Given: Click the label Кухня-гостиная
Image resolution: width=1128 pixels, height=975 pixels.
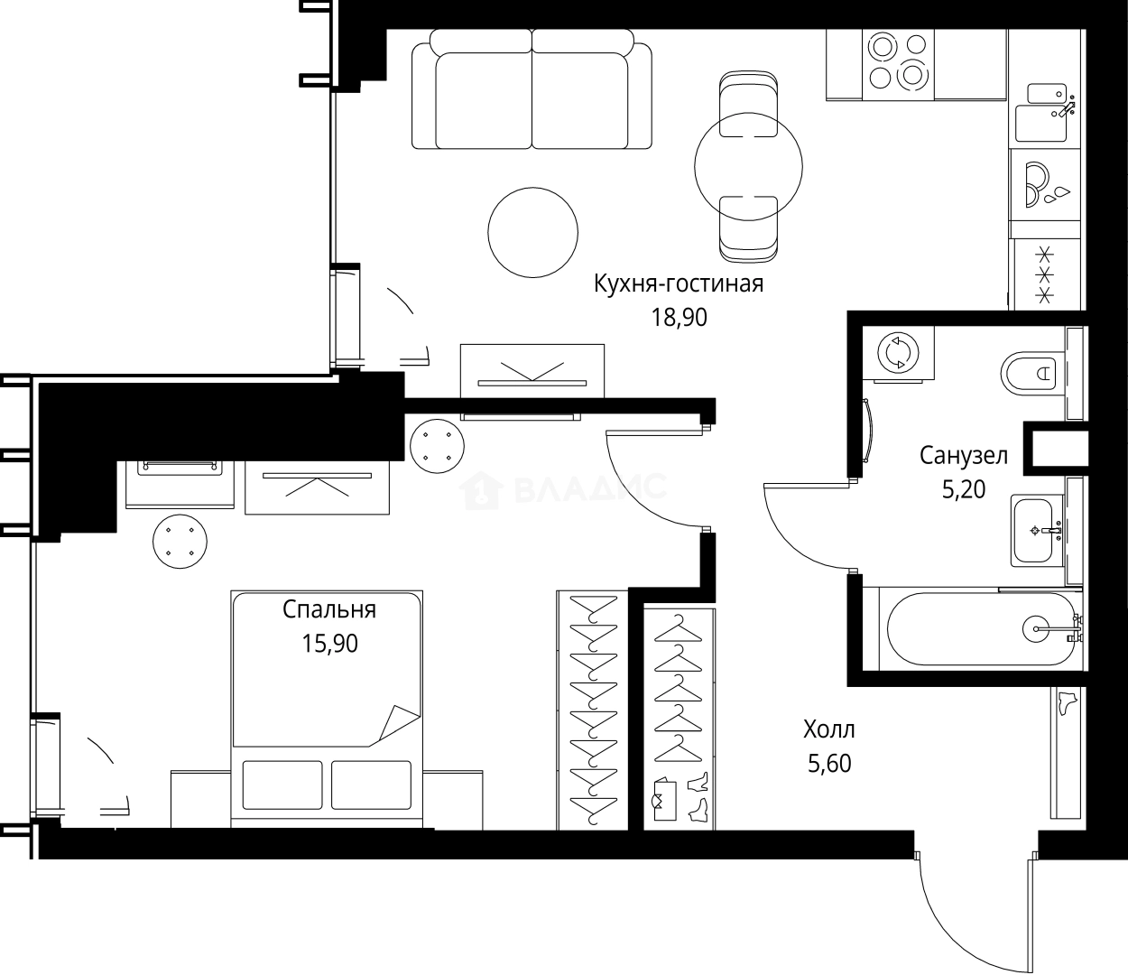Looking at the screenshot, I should click(x=678, y=283).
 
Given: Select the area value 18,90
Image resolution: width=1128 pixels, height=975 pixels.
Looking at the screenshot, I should click(x=679, y=317).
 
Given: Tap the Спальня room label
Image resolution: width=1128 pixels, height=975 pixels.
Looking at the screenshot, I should click(x=329, y=609).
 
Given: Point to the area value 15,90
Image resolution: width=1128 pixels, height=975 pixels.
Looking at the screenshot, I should click(x=329, y=643).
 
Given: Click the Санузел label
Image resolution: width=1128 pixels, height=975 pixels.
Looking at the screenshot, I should click(x=963, y=455).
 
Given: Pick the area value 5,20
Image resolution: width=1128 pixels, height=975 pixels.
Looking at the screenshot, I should click(x=963, y=489).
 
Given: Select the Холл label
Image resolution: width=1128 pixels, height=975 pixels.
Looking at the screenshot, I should click(x=828, y=729).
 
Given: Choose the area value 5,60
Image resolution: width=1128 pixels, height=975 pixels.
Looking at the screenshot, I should click(x=828, y=764).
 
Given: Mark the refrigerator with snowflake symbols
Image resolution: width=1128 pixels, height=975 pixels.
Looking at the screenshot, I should click(x=1045, y=274).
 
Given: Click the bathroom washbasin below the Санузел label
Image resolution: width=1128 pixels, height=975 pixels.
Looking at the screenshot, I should click(x=1037, y=530).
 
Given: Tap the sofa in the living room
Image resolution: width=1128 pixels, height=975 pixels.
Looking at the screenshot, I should click(x=532, y=90).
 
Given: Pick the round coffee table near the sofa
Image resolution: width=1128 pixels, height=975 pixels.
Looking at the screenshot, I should click(x=532, y=231).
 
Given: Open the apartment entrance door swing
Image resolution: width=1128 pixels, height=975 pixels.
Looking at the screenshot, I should click(x=975, y=912).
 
